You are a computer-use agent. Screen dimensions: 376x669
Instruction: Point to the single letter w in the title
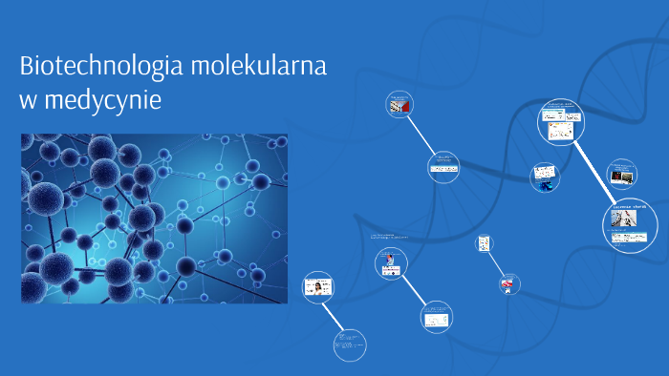[x=29, y=99]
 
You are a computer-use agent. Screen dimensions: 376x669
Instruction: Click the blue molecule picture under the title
[x=154, y=219]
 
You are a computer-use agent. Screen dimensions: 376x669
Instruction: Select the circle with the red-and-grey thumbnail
[x=399, y=106]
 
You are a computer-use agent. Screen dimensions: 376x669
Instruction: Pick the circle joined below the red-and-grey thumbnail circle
[x=442, y=167]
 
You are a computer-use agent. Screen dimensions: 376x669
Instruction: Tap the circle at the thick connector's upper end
[x=558, y=121]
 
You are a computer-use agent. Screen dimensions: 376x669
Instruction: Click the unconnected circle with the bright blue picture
[x=545, y=178]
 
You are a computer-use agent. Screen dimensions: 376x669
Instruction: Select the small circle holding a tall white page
[x=484, y=243]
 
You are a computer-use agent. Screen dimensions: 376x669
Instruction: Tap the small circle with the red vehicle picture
[x=507, y=282]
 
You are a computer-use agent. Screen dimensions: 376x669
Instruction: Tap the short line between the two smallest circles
[x=495, y=262]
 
